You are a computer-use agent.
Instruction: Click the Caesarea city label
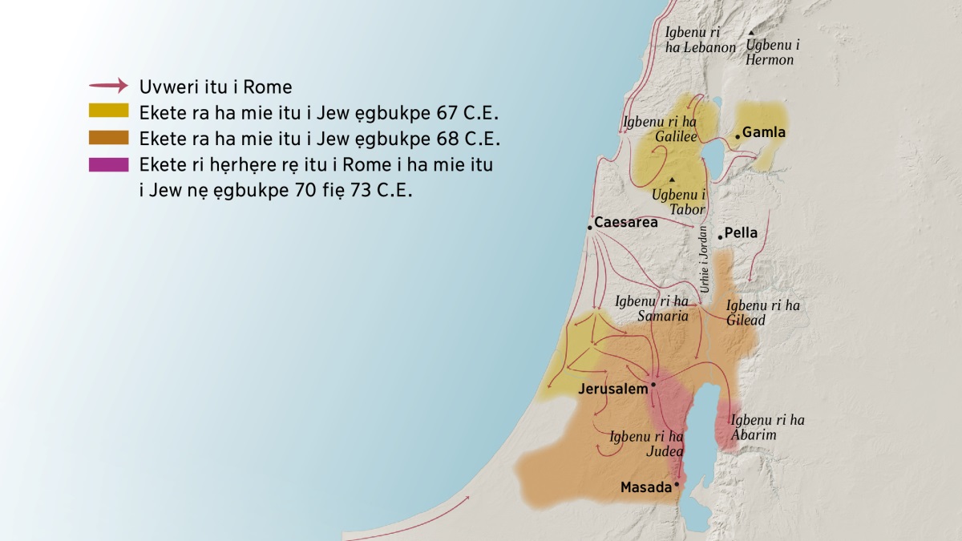626,223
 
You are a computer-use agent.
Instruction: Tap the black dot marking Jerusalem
653,385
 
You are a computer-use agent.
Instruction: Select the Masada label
646,487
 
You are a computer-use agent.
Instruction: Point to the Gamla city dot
738,136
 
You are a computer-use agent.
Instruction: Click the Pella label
741,234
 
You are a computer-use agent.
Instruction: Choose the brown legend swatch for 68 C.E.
109,138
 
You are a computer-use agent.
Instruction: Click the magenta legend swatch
109,165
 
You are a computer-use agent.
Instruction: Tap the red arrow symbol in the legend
109,85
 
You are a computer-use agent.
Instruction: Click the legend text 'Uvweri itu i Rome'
216,87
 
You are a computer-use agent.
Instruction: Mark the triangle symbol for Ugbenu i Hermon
751,34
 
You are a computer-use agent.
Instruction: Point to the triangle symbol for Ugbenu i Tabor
672,179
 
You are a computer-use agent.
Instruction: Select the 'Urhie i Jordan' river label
704,257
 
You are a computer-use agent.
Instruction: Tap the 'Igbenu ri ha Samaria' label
652,309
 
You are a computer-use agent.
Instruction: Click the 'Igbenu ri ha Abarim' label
767,427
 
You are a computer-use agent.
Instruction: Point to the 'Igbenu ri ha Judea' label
646,444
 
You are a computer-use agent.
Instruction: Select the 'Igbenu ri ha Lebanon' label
700,40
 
